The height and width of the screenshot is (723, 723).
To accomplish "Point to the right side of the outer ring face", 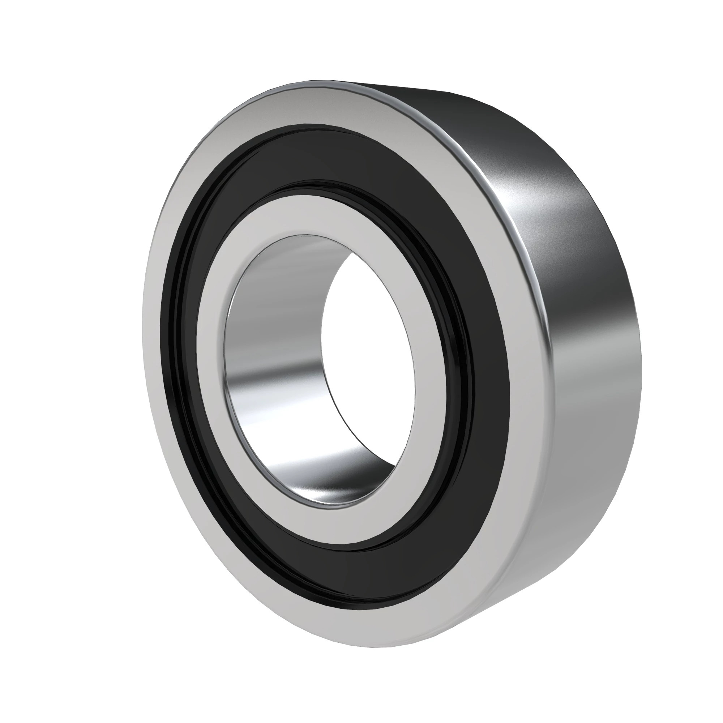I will click(x=528, y=374).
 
